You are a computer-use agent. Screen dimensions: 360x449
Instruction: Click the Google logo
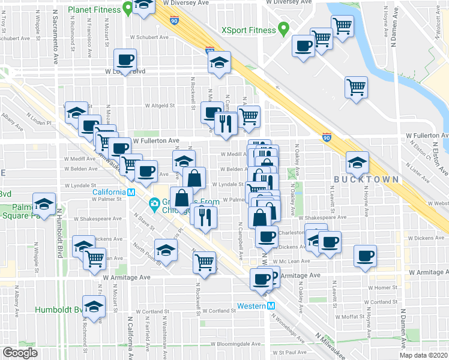(20, 352)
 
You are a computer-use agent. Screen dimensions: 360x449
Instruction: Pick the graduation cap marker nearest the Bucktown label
(357, 162)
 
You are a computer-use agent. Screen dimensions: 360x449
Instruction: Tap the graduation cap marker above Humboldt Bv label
(94, 307)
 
